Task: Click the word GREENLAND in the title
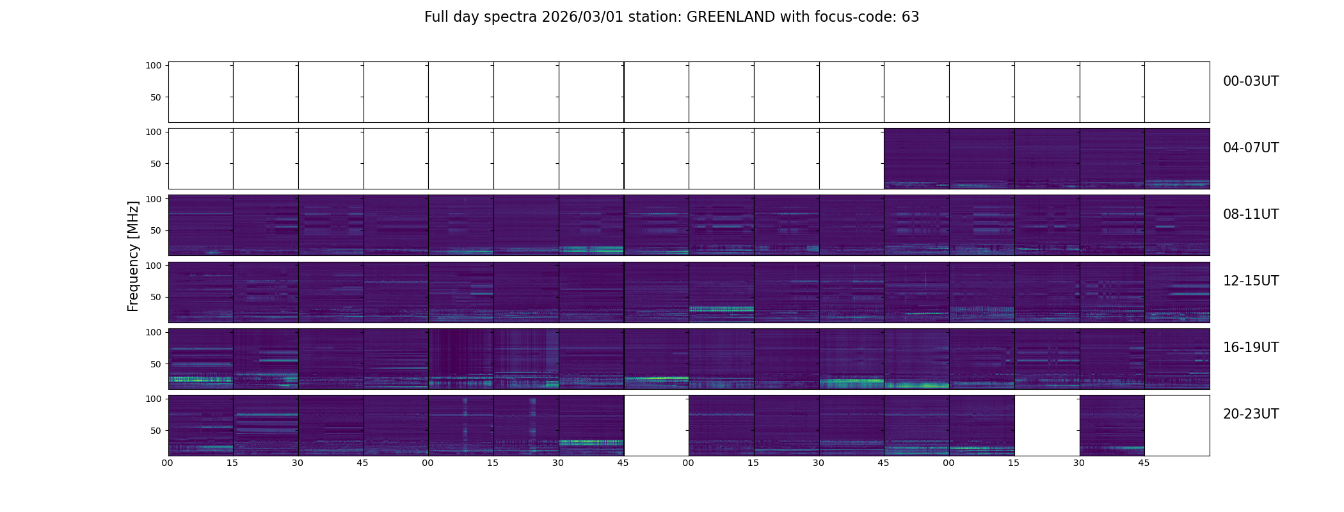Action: (x=730, y=17)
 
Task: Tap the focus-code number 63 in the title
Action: (x=910, y=17)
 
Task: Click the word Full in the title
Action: (x=436, y=17)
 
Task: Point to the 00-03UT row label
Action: (x=1251, y=81)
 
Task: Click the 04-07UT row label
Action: (x=1251, y=148)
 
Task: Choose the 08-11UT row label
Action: (x=1251, y=214)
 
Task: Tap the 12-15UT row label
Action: (x=1251, y=281)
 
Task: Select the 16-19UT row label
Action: (x=1251, y=348)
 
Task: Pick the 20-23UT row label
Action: (x=1251, y=414)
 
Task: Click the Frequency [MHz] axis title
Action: (x=133, y=256)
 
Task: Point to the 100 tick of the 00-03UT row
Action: (x=153, y=66)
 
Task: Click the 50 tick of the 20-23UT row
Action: (x=156, y=431)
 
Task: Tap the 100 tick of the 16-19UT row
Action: (x=153, y=332)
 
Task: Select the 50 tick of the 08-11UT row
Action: (x=156, y=231)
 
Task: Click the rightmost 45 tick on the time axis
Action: (x=1144, y=463)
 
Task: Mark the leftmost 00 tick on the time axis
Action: (x=168, y=463)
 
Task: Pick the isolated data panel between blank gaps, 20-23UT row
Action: (x=1112, y=425)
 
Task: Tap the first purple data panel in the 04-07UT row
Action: (x=916, y=158)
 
